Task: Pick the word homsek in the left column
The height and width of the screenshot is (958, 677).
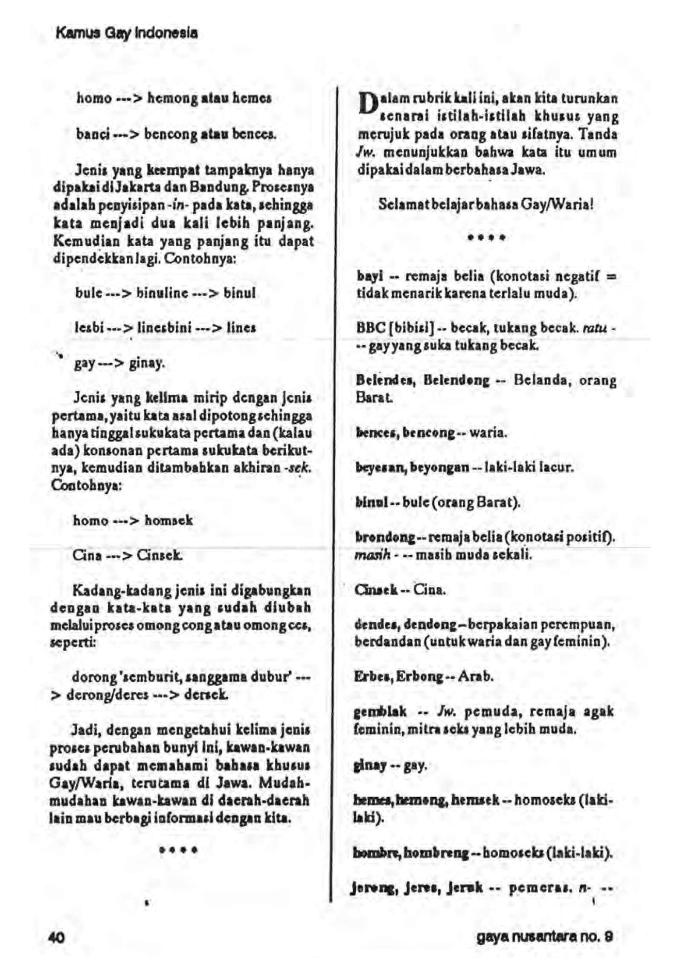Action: point(169,521)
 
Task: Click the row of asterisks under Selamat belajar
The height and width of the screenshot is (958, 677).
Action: point(487,237)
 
